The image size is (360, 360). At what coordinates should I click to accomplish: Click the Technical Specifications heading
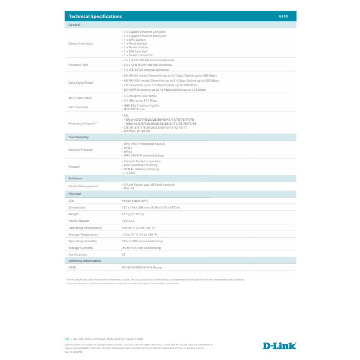coord(95,16)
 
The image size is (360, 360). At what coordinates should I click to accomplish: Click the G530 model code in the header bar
coord(283,17)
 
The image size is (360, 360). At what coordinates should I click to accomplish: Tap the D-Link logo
coord(279,345)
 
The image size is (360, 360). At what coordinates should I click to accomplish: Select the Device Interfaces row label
coord(81,43)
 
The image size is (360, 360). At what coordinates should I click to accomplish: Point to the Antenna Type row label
coord(78,65)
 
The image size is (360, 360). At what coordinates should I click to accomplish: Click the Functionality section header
coord(78,137)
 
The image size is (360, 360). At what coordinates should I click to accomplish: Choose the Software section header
coord(75,178)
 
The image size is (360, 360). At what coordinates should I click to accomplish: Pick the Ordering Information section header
coord(84,261)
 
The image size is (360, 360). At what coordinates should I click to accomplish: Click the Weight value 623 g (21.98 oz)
coord(133,214)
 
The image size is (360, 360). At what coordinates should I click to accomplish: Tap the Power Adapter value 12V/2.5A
coord(129,221)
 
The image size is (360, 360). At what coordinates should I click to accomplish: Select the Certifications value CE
coord(124,254)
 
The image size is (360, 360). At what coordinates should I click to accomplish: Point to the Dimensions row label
coord(77,207)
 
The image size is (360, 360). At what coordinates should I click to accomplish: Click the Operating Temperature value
coord(138,228)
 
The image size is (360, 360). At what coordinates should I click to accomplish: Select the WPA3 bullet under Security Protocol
coord(128,151)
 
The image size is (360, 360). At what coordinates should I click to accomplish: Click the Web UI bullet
coord(129,188)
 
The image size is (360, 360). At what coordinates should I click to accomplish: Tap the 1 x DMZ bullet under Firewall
coord(129,173)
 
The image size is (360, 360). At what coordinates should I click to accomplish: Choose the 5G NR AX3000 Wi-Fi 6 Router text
coord(142,267)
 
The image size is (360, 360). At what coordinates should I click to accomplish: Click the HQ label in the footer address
coord(67,339)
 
